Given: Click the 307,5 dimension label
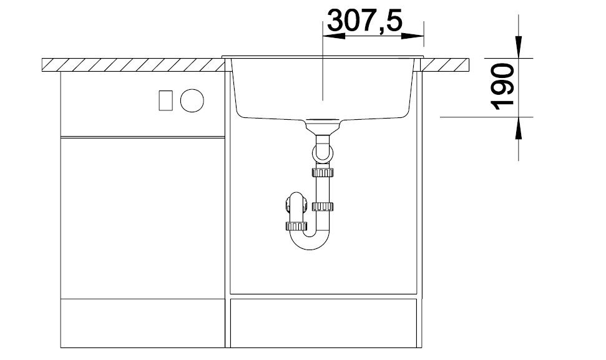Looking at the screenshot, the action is click(x=365, y=21).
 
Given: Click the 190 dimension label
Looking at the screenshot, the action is click(x=502, y=87).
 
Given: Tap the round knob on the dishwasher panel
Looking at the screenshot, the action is click(x=192, y=100).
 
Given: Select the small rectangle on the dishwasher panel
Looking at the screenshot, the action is click(x=166, y=100).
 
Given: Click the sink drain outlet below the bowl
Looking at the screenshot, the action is click(x=323, y=126).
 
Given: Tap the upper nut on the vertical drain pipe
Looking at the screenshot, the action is click(x=323, y=172).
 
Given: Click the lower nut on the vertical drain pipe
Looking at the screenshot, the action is click(x=323, y=207).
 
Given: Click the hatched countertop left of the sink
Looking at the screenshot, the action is click(x=134, y=65).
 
